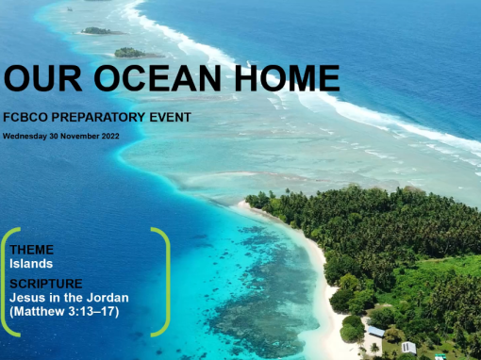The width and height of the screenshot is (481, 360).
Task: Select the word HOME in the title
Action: click(284, 78)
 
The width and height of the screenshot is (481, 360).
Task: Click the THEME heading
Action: click(32, 250)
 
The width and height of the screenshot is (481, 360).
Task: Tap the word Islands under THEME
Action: click(31, 264)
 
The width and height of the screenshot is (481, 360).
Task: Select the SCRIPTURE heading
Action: click(46, 283)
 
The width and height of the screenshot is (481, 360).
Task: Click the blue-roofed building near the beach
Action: click(376, 332)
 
